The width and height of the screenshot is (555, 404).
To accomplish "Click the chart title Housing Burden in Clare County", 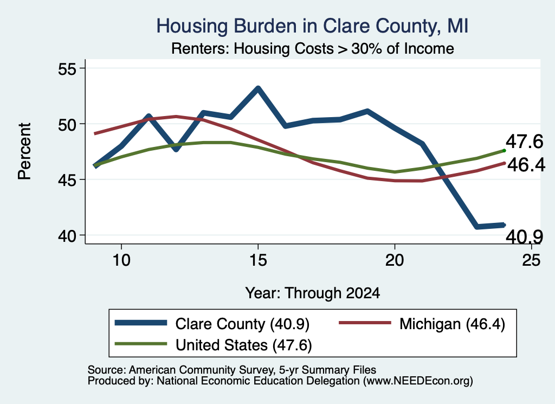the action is tap(313, 27).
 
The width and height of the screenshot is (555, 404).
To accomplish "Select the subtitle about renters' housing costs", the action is tap(313, 48).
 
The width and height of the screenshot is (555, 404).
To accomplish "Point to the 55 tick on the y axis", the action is tap(67, 68).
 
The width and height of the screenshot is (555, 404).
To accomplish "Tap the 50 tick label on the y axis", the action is tap(67, 124).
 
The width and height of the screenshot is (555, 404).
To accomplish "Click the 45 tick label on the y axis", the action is tap(67, 179).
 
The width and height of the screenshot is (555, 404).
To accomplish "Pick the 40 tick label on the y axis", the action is tap(67, 235).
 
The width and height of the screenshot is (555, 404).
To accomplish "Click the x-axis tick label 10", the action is tap(121, 260).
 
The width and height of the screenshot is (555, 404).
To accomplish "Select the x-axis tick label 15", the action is tap(258, 260).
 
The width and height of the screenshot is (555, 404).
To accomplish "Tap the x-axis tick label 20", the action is tap(395, 260).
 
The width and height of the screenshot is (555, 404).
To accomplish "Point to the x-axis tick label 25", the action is tap(531, 260).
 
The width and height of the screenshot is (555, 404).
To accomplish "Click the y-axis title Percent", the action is tap(24, 151).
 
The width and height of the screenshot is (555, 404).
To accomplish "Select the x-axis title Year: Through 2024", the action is tap(313, 293).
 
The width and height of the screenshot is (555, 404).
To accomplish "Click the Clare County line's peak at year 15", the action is tap(258, 88).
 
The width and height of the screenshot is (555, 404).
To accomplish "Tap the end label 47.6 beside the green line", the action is tap(524, 142).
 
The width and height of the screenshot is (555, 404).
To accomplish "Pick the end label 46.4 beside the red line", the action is tap(526, 165).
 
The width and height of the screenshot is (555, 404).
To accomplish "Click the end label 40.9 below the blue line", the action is tap(524, 237).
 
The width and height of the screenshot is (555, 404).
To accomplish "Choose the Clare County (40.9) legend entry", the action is tap(212, 324).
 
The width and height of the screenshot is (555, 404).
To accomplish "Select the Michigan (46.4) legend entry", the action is tap(422, 324).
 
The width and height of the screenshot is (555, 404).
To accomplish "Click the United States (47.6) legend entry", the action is tap(213, 345).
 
